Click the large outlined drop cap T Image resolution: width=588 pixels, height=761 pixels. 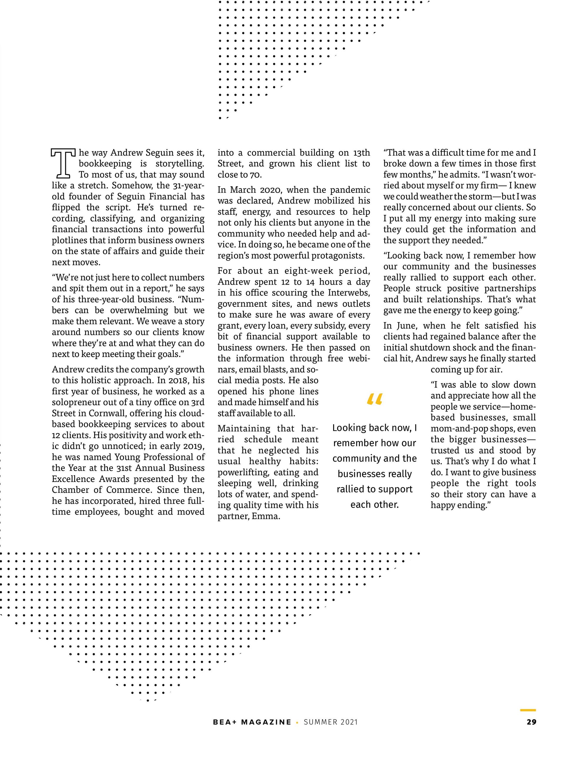click(63, 163)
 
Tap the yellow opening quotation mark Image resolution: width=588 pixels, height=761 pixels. click(375, 399)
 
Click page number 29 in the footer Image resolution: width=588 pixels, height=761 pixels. click(531, 722)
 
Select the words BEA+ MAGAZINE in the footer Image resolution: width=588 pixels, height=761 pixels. click(252, 722)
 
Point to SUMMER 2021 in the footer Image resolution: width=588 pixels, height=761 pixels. click(330, 722)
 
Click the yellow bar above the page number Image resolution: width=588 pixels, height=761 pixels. click(528, 710)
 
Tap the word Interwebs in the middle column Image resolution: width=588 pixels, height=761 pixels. click(348, 293)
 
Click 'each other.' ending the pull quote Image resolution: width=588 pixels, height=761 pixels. click(375, 505)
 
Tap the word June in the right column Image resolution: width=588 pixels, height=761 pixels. click(404, 326)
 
